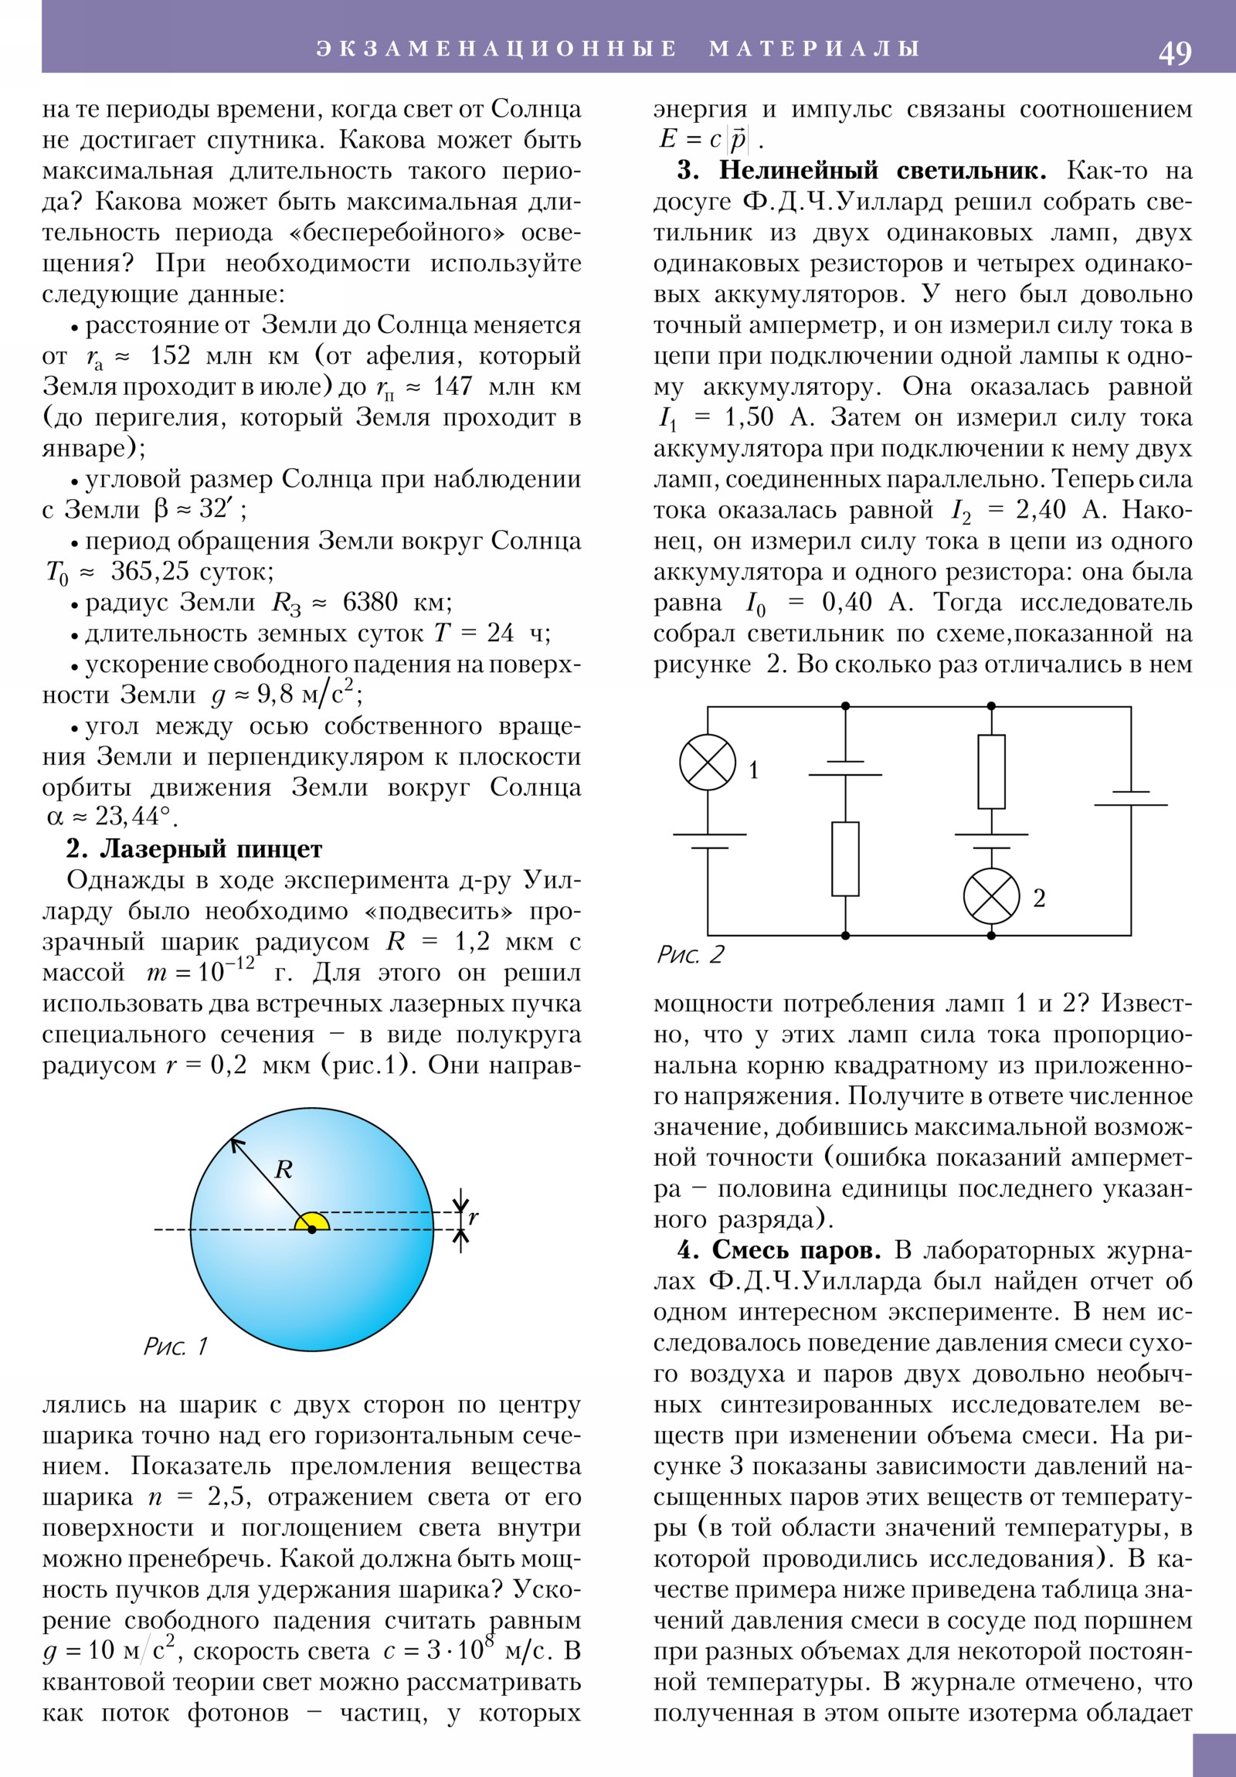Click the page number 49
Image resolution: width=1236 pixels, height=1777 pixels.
pyautogui.click(x=1174, y=53)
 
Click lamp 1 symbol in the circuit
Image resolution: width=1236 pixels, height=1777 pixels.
pyautogui.click(x=708, y=763)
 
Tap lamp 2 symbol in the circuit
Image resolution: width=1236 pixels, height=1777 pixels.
pyautogui.click(x=990, y=896)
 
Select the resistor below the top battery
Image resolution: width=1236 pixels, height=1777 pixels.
pyautogui.click(x=845, y=859)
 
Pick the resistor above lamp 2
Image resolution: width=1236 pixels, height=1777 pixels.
pyautogui.click(x=990, y=772)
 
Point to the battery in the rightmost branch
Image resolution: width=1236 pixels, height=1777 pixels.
pyautogui.click(x=1130, y=799)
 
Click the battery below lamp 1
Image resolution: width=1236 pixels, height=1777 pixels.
pyautogui.click(x=708, y=841)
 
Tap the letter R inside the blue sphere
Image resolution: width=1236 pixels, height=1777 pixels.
pyautogui.click(x=284, y=1169)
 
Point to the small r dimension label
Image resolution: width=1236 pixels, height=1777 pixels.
pyautogui.click(x=473, y=1218)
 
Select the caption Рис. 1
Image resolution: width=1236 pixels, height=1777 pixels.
pyautogui.click(x=175, y=1347)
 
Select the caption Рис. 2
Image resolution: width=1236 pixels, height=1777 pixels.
pyautogui.click(x=690, y=955)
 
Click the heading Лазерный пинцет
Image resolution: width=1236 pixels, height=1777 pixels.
pyautogui.click(x=211, y=849)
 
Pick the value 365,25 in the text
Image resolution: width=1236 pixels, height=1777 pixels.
pyautogui.click(x=149, y=571)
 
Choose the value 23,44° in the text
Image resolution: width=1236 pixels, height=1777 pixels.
pyautogui.click(x=131, y=817)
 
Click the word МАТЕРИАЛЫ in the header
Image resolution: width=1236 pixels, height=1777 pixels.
pyautogui.click(x=814, y=49)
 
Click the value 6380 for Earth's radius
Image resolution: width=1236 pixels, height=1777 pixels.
pyautogui.click(x=370, y=602)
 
